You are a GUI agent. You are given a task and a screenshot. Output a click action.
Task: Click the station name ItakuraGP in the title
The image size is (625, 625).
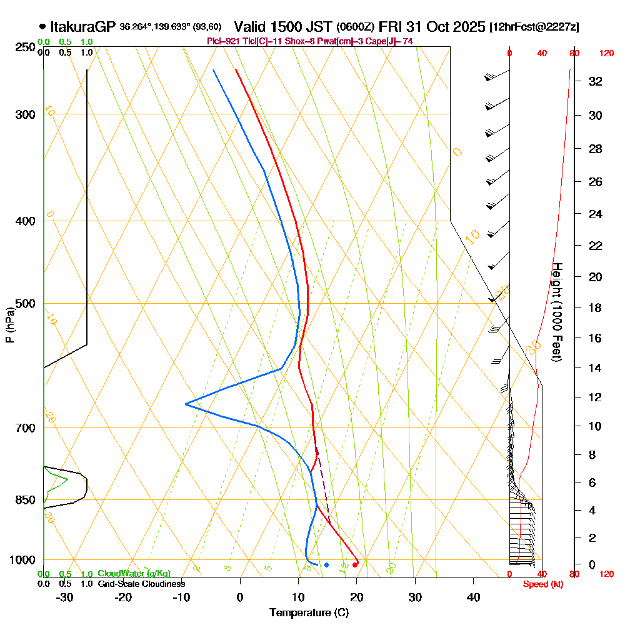[82, 27]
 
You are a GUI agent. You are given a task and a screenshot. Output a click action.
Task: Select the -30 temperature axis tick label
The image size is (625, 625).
[65, 597]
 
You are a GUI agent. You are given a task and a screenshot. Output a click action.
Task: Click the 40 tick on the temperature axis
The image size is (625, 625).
[473, 597]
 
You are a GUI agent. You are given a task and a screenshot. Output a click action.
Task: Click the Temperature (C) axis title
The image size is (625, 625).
[309, 613]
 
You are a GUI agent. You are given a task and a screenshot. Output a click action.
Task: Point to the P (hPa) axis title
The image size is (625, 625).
[9, 324]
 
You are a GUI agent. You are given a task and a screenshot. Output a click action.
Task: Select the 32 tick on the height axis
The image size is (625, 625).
[596, 81]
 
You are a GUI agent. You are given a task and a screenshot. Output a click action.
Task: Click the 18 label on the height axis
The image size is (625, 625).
[596, 307]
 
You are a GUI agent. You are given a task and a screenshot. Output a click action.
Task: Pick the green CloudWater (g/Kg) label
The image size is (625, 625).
[134, 573]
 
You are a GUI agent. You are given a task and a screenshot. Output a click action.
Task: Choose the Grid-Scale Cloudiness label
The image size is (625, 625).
[141, 584]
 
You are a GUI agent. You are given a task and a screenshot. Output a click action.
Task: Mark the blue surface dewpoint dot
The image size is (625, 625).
[326, 565]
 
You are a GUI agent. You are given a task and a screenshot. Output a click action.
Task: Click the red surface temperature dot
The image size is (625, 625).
[355, 565]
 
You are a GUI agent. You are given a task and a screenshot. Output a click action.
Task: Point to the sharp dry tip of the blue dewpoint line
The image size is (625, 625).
[186, 404]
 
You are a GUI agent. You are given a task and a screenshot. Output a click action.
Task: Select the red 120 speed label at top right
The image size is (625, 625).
[606, 54]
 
